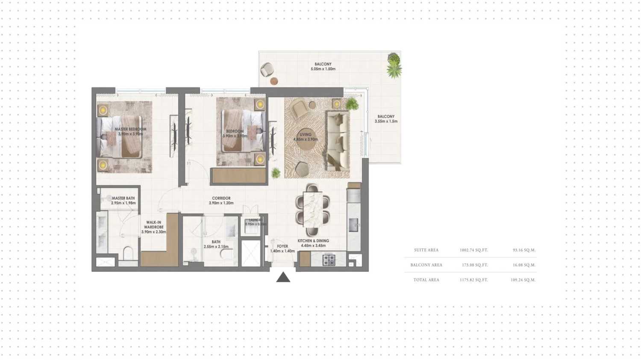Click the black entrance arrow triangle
point(283,277)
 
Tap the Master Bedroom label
point(130,131)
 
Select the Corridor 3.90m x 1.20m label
point(221,201)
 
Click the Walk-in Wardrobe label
point(153,227)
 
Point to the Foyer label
point(282,248)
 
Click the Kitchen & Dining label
point(313,243)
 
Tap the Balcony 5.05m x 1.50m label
point(323,66)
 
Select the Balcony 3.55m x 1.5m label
point(386,118)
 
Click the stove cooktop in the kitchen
point(329,260)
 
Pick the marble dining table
point(312,209)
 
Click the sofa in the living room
point(338,140)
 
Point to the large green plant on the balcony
point(394,65)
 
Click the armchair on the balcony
point(267,69)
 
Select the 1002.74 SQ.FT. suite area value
point(473,250)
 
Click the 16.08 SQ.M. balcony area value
point(524,265)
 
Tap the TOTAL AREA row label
point(426,280)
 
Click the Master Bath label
point(123,200)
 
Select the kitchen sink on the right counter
point(353,224)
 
